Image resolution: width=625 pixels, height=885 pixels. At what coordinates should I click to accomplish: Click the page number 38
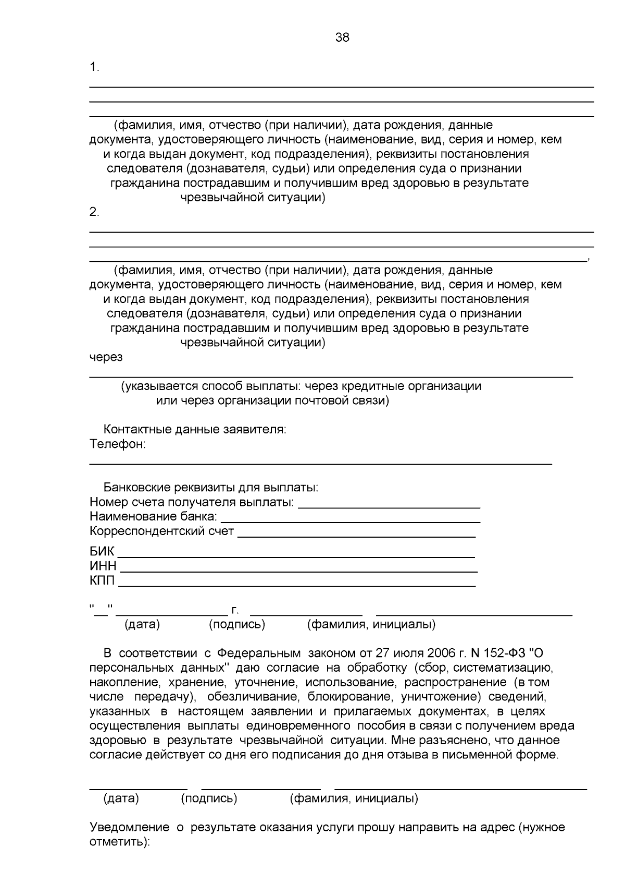point(342,38)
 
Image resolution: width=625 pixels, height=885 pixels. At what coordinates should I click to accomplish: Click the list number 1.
point(94,67)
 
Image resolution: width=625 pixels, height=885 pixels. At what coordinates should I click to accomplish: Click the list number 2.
point(94,212)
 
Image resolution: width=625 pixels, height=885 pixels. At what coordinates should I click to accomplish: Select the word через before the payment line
point(106,357)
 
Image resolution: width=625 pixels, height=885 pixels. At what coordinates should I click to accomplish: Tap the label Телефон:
point(117,444)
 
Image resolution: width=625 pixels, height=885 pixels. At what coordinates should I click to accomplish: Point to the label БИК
point(102,552)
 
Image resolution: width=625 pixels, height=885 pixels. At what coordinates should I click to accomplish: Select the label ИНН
point(103,566)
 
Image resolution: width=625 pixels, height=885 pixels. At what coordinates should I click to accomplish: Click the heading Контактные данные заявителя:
point(195,430)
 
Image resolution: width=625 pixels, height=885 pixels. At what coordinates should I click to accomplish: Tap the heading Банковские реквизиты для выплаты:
point(210,488)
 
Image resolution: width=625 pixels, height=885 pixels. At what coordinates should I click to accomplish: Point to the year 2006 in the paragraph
point(441,653)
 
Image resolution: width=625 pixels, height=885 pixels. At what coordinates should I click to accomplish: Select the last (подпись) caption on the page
point(209,798)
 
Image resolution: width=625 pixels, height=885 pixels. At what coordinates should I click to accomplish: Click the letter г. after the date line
point(235,610)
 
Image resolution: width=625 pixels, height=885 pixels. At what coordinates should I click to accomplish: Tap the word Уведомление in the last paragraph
point(129,828)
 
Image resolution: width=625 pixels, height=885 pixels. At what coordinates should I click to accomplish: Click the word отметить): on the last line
point(119,842)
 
